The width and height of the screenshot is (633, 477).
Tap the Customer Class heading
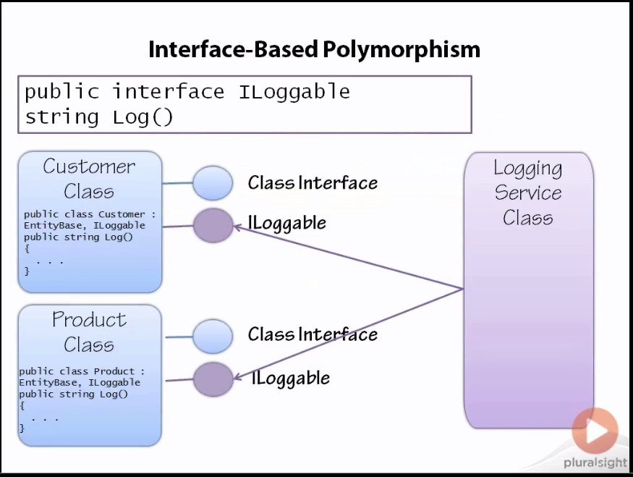pyautogui.click(x=89, y=179)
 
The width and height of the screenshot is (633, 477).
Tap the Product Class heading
pyautogui.click(x=89, y=332)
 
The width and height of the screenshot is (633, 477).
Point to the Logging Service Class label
pyautogui.click(x=528, y=193)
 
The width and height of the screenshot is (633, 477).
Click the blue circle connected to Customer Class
pyautogui.click(x=213, y=183)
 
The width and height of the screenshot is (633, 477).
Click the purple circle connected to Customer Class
pyautogui.click(x=213, y=225)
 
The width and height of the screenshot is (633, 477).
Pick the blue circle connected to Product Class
pyautogui.click(x=213, y=337)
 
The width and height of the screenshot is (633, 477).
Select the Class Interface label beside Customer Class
pyautogui.click(x=313, y=183)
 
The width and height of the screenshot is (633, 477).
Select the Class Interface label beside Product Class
pyautogui.click(x=313, y=334)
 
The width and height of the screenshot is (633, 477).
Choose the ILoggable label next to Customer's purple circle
pyautogui.click(x=287, y=222)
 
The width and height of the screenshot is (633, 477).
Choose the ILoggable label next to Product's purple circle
pyautogui.click(x=291, y=378)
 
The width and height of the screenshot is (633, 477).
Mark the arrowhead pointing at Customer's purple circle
pyautogui.click(x=237, y=227)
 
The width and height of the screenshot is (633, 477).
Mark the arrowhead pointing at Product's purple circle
pyautogui.click(x=237, y=376)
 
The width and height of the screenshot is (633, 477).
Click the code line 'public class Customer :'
pyautogui.click(x=89, y=214)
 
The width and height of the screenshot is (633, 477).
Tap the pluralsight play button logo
pyautogui.click(x=595, y=431)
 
